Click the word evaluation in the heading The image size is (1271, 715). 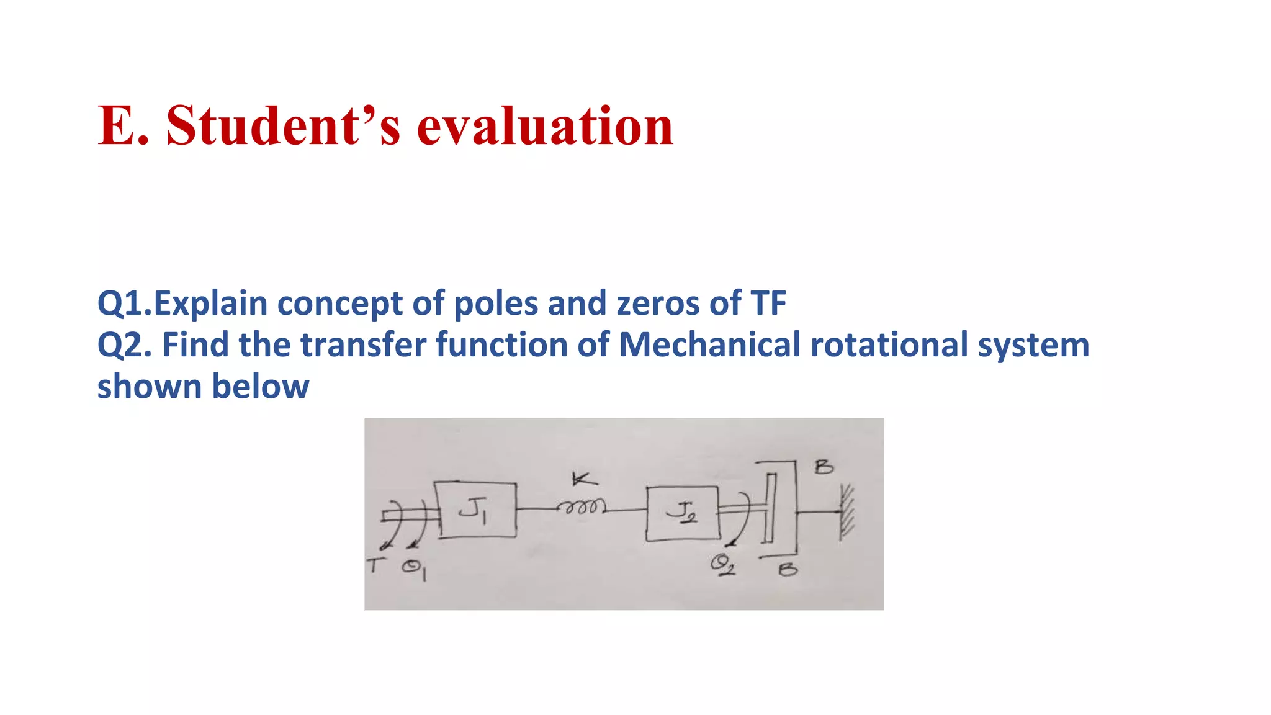tap(545, 125)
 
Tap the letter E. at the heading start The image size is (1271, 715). tap(124, 125)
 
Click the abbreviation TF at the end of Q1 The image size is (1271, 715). tap(768, 304)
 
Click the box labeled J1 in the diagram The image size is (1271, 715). tap(476, 510)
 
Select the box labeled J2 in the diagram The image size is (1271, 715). tap(682, 513)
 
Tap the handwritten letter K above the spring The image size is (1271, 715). tap(583, 479)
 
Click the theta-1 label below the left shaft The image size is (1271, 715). tap(414, 569)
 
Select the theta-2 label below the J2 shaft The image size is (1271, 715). tap(722, 565)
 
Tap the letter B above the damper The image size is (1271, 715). tap(824, 467)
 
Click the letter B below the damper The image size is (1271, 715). tap(788, 569)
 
